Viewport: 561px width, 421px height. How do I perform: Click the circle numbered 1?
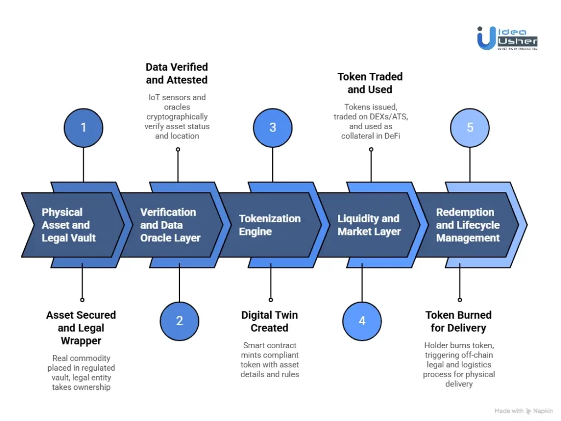pyautogui.click(x=83, y=128)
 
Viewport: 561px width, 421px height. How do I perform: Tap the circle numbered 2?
pyautogui.click(x=179, y=321)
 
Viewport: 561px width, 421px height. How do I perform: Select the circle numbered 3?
pyautogui.click(x=272, y=128)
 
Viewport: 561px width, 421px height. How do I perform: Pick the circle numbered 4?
pyautogui.click(x=362, y=321)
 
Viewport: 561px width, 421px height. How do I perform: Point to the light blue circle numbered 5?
pyautogui.click(x=470, y=128)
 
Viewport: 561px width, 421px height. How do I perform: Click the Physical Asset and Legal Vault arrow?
pyautogui.click(x=68, y=225)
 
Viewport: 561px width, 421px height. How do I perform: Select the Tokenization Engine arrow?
pyautogui.click(x=270, y=225)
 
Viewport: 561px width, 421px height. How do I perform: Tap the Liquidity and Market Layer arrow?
pyautogui.click(x=369, y=225)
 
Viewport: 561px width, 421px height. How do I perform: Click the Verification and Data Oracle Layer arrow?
pyautogui.click(x=170, y=225)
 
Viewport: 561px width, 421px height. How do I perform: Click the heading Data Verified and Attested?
pyautogui.click(x=176, y=73)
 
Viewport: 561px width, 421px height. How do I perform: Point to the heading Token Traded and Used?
pyautogui.click(x=370, y=83)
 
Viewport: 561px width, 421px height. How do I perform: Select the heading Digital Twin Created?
pyautogui.click(x=269, y=321)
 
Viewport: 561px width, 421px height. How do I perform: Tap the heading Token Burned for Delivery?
pyautogui.click(x=458, y=321)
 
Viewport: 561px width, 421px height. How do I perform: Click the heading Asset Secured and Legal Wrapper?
pyautogui.click(x=81, y=328)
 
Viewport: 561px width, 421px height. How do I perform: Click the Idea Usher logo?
pyautogui.click(x=507, y=38)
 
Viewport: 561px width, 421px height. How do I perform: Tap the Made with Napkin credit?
pyautogui.click(x=524, y=411)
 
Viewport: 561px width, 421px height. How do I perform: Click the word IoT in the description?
pyautogui.click(x=154, y=97)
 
